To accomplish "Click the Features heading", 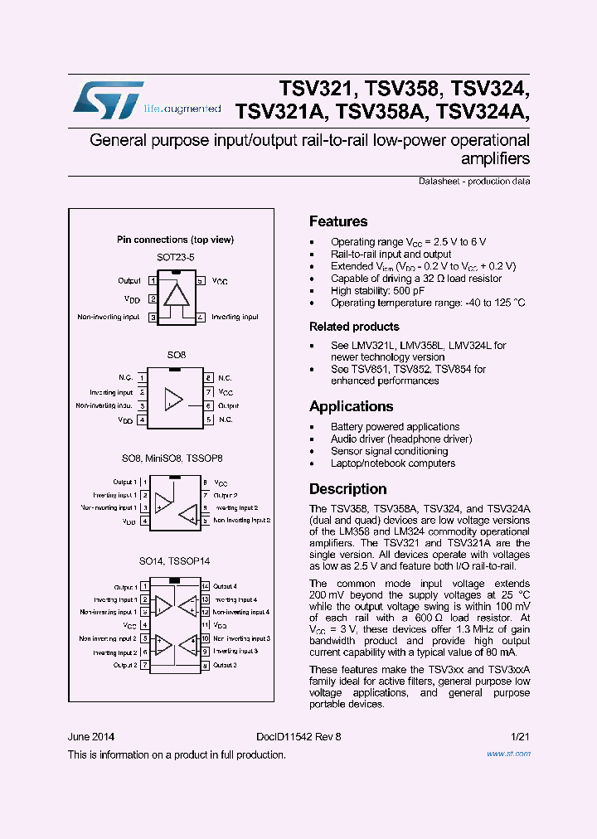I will click(338, 221).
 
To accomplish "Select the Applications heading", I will click(351, 406).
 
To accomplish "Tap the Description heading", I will click(347, 489).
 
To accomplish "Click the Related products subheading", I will click(354, 327).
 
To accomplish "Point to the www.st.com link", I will click(508, 754).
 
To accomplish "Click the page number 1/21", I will click(521, 737).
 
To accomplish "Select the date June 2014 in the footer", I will click(91, 737).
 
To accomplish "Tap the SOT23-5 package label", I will click(175, 258).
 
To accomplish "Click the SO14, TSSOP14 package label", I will click(175, 561).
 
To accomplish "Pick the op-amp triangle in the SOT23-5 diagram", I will click(176, 295).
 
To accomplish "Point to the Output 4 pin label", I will click(225, 586).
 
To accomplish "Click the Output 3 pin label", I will click(225, 665).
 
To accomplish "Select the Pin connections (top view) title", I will click(175, 240).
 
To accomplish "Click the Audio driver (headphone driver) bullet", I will click(401, 439).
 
